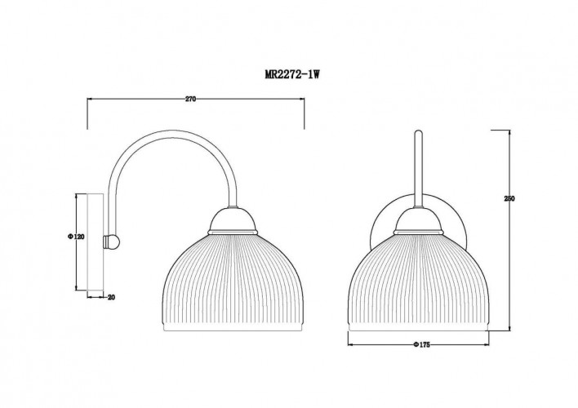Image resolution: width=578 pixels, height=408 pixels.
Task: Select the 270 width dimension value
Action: click(191, 99)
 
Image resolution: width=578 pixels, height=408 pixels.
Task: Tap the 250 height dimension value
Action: click(510, 202)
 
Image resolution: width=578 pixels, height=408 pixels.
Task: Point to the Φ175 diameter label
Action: click(422, 344)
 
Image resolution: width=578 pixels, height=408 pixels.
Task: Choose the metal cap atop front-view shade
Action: click(418, 220)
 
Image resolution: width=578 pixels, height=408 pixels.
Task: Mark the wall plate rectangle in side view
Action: click(103, 242)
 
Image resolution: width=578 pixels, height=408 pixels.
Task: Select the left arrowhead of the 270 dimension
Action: click(91, 100)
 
